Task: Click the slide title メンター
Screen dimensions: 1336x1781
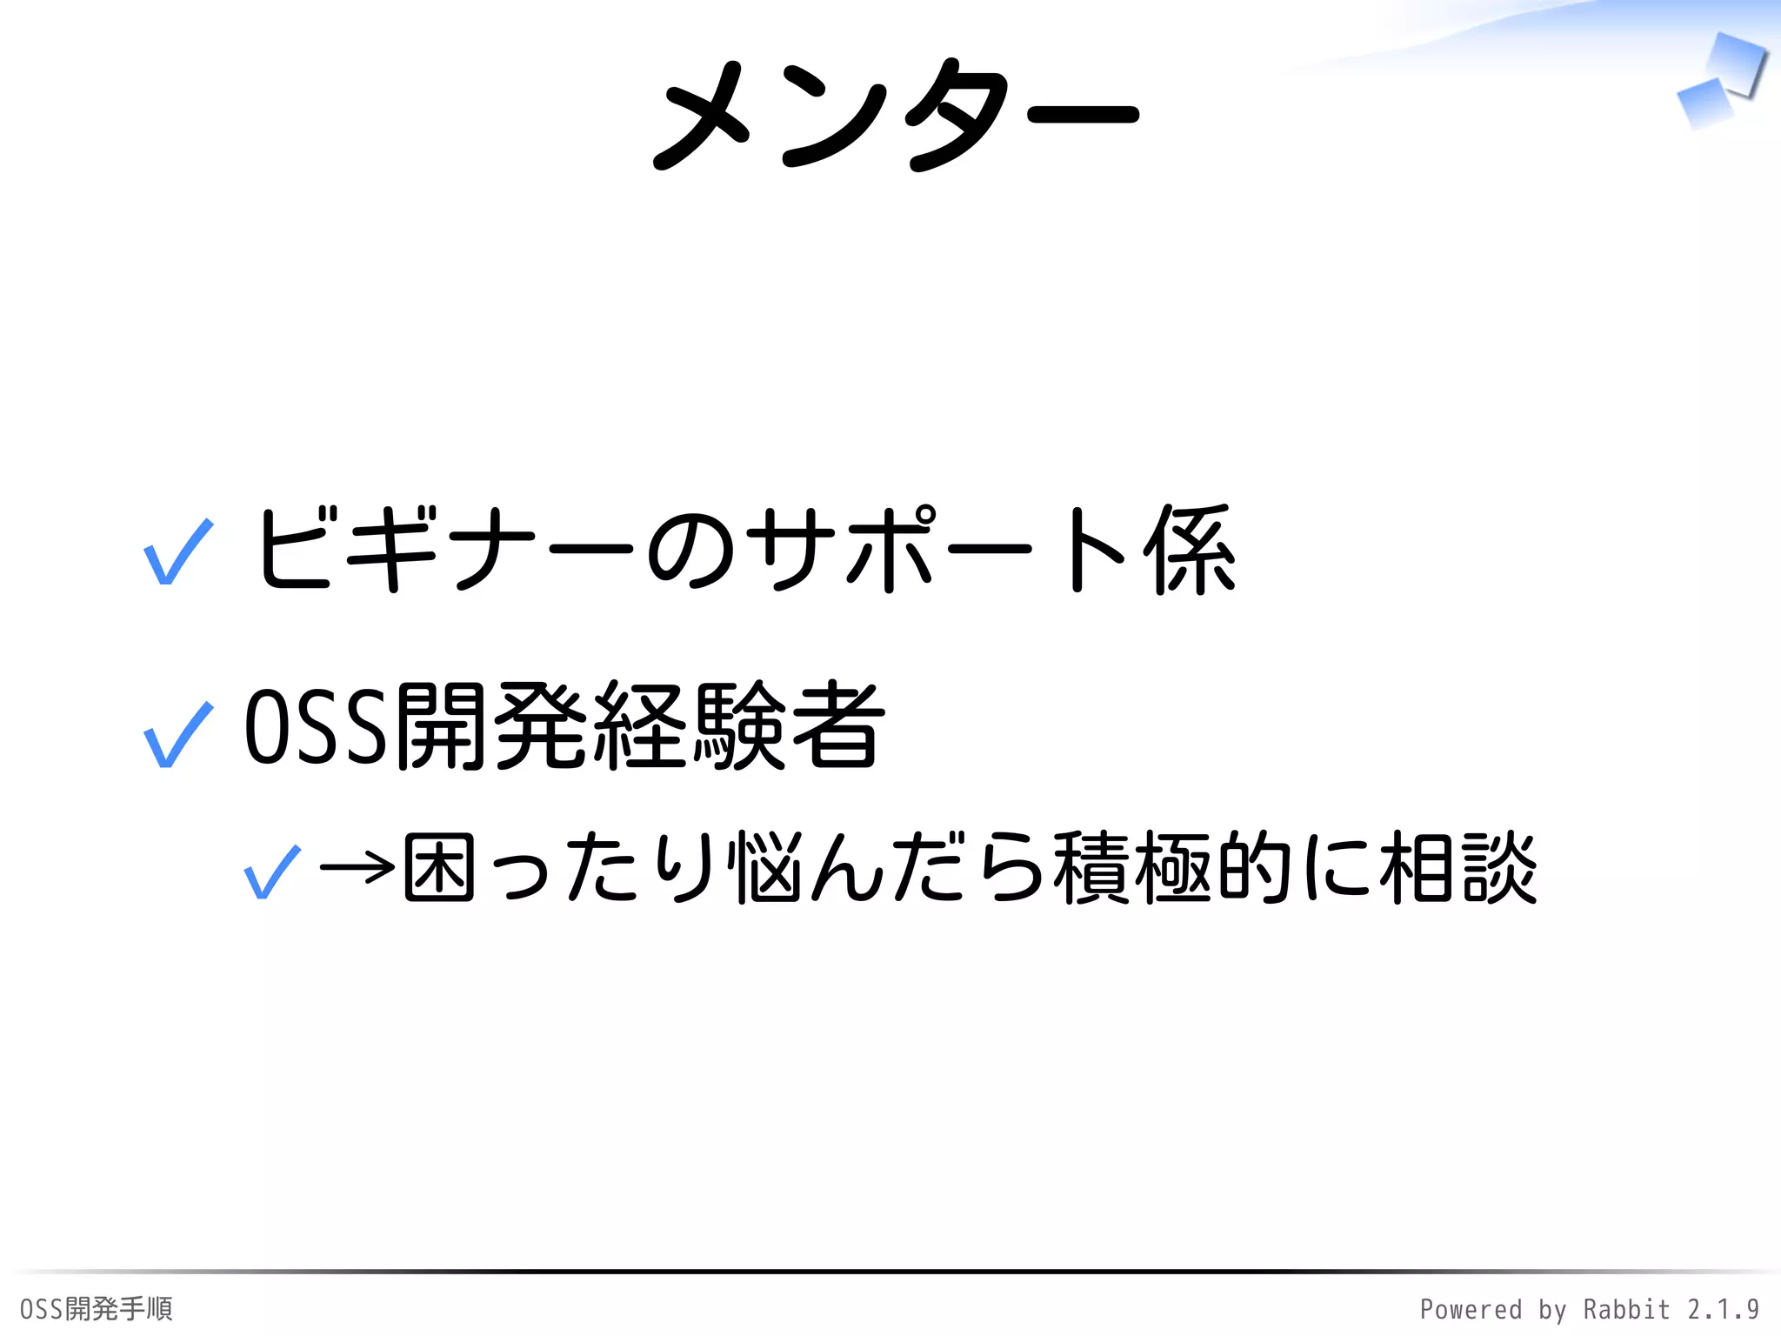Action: pyautogui.click(x=896, y=115)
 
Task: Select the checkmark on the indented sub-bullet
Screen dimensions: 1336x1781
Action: pyautogui.click(x=273, y=872)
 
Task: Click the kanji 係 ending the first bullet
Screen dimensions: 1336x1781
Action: pyautogui.click(x=1190, y=550)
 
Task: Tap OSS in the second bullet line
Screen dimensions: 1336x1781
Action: pyautogui.click(x=315, y=727)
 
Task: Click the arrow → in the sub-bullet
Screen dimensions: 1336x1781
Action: pyautogui.click(x=357, y=867)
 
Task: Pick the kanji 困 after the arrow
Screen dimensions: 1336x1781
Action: pyautogui.click(x=439, y=867)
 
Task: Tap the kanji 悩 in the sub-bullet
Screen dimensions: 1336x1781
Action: pyautogui.click(x=766, y=867)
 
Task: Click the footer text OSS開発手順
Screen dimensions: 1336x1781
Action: pyautogui.click(x=97, y=1308)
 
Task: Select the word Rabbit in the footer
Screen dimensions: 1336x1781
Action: pyautogui.click(x=1626, y=1309)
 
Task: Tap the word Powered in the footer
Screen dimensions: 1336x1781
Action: pyautogui.click(x=1471, y=1309)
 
